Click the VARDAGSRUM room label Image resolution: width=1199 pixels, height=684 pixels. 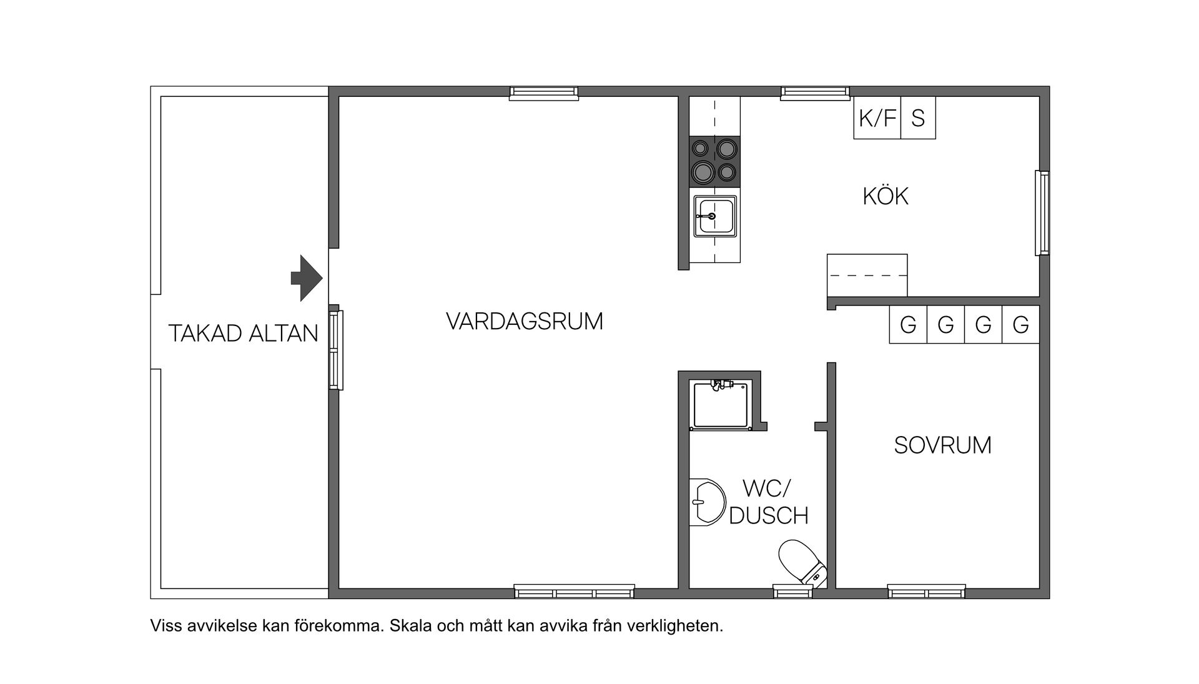tap(525, 321)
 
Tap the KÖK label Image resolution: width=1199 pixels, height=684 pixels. tap(885, 196)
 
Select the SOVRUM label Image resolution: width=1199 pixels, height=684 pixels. tap(942, 445)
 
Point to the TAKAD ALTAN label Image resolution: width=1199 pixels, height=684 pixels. tap(243, 334)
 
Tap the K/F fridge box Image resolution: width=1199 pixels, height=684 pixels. tap(877, 118)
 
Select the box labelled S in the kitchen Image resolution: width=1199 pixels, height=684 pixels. tap(918, 118)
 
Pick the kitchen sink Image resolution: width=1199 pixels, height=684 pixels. tap(715, 216)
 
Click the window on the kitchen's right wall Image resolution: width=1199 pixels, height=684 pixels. tap(1042, 212)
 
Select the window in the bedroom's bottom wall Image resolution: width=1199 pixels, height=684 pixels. tap(926, 591)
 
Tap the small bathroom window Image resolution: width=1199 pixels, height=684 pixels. tap(792, 591)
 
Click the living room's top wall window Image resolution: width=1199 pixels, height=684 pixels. tap(543, 94)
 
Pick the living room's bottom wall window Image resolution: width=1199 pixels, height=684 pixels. tap(574, 591)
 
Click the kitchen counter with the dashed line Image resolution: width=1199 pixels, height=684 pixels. tap(867, 275)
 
